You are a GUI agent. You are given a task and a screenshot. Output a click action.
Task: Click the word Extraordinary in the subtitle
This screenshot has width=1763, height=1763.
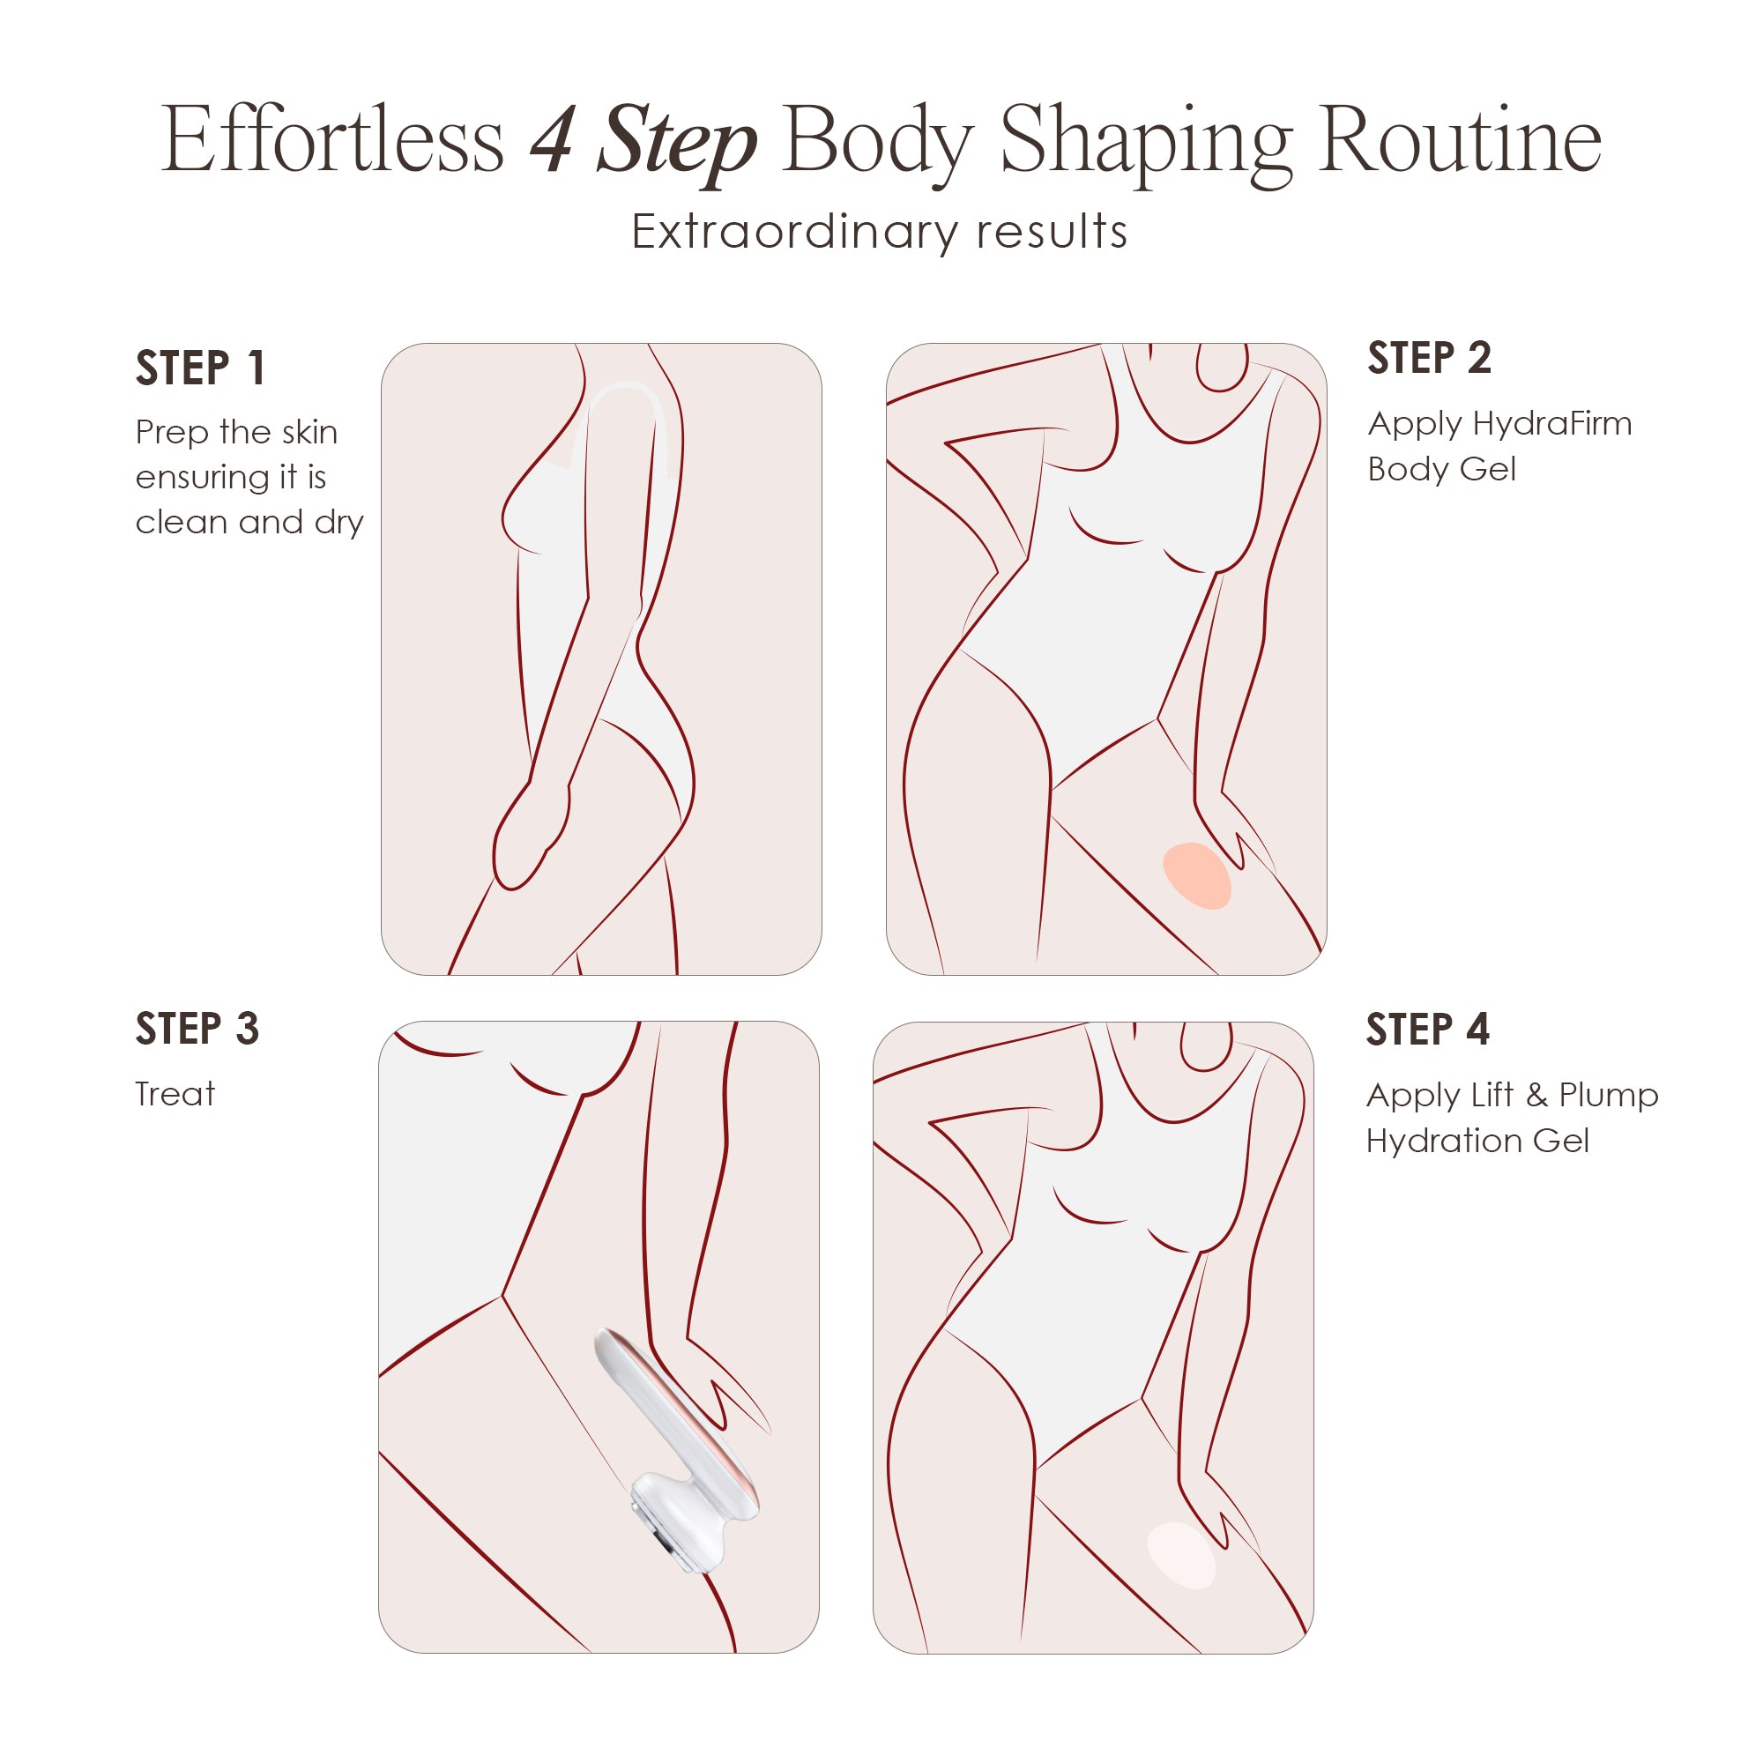coord(792,232)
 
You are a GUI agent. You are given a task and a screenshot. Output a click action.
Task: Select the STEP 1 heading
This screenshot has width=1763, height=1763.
coord(200,368)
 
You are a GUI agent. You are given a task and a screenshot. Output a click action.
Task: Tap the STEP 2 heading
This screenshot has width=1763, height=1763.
coord(1429,358)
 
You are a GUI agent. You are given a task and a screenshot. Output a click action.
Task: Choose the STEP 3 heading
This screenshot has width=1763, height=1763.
coord(197,1029)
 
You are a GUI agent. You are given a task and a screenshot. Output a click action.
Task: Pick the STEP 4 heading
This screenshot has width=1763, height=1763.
coord(1427,1030)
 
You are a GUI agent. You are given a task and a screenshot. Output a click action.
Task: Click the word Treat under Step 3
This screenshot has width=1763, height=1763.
coord(175,1093)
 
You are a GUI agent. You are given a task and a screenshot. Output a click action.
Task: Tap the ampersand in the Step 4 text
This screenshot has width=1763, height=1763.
coord(1536,1095)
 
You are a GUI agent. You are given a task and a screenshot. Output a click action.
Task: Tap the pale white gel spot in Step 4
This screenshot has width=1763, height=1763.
coord(1181,1555)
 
